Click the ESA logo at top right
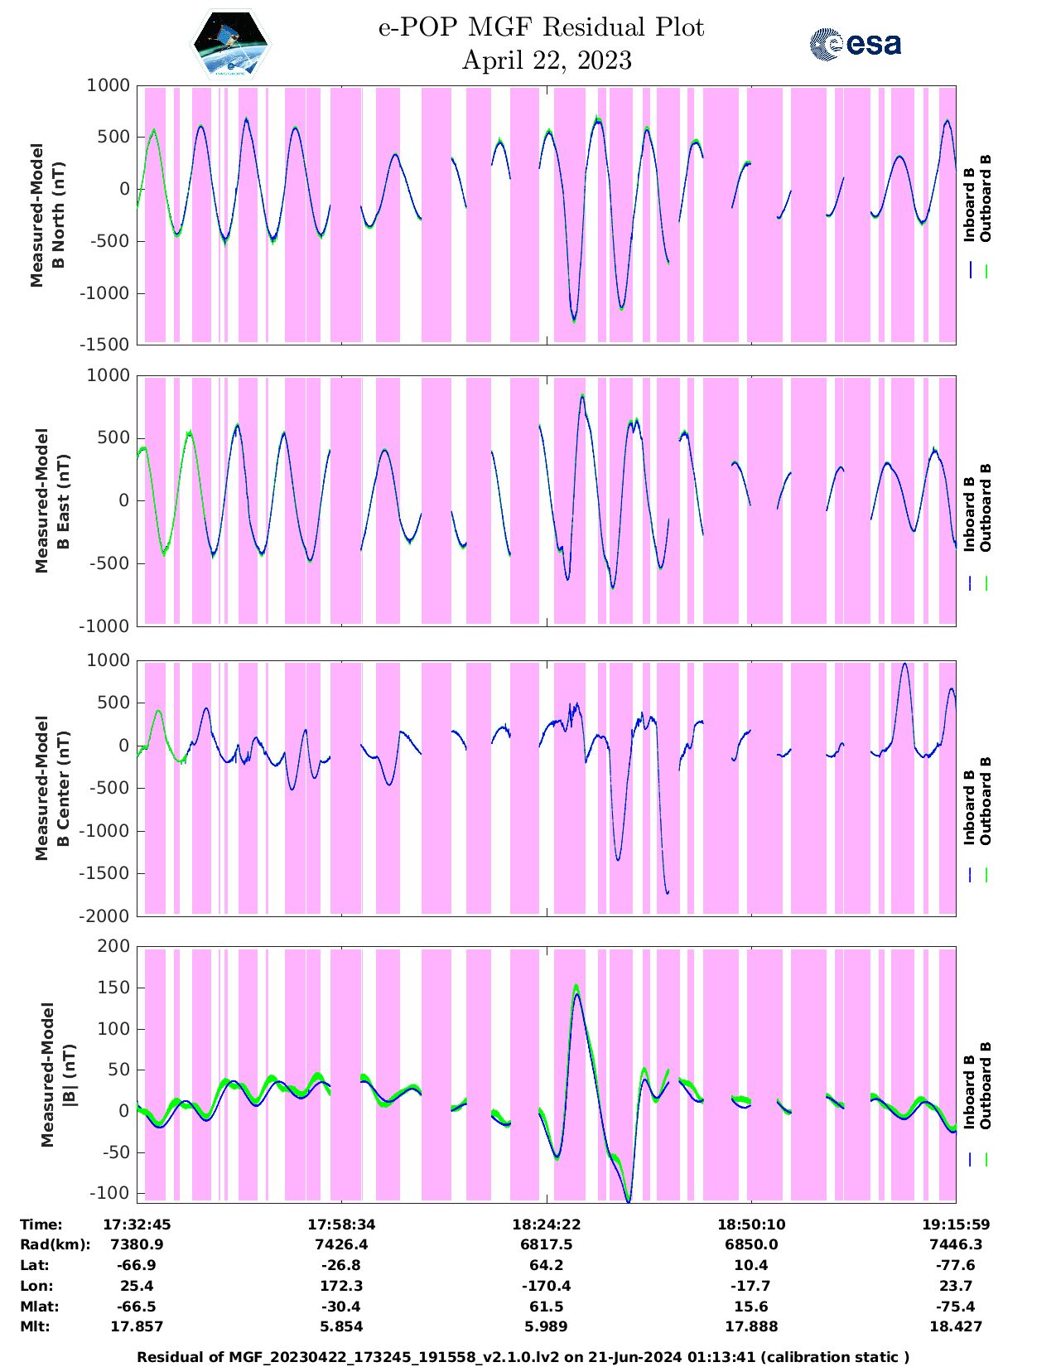(855, 44)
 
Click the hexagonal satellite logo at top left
(231, 44)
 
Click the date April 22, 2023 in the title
(547, 60)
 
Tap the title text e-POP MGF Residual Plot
(542, 27)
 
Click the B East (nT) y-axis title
(51, 500)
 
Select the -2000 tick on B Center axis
(105, 915)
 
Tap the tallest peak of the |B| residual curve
(576, 988)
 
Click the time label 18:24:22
(545, 1225)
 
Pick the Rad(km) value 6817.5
(545, 1244)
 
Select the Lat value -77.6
(956, 1265)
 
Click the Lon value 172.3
(341, 1286)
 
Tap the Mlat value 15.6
(750, 1307)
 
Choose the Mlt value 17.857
(137, 1326)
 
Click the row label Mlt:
(35, 1326)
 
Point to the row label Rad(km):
(55, 1244)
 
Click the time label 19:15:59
(956, 1225)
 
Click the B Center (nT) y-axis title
(51, 788)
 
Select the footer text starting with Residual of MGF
(523, 1357)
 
